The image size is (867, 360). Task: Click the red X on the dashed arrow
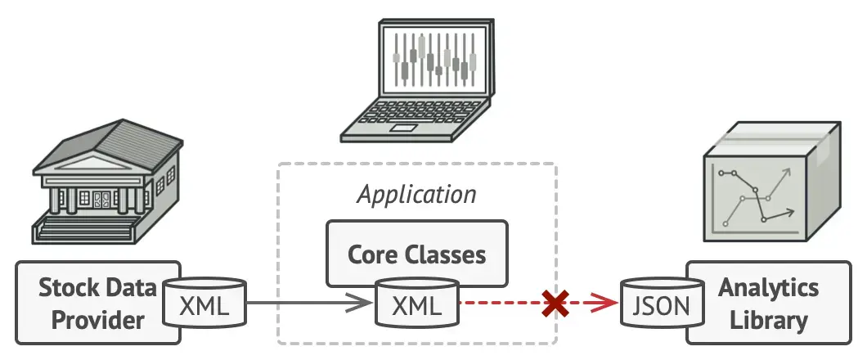point(556,304)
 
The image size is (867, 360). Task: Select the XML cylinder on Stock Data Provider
point(205,305)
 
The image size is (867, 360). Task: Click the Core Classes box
point(417,253)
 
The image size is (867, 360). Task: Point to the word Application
point(417,195)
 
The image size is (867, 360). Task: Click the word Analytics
point(768,287)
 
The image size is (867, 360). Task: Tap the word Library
point(768,319)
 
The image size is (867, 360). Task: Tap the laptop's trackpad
point(402,128)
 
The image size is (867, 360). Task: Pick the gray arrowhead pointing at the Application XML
point(362,304)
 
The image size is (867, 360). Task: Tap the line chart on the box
point(757,196)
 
